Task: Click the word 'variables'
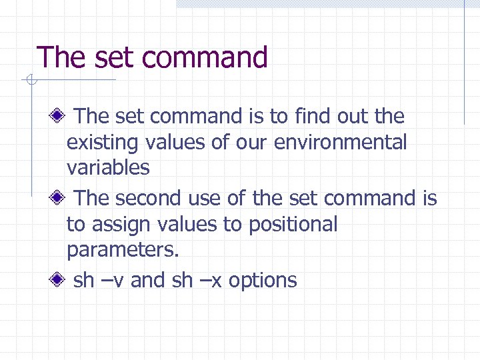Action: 108,167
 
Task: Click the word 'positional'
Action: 293,225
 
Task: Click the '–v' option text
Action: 112,280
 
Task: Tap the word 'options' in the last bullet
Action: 263,281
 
